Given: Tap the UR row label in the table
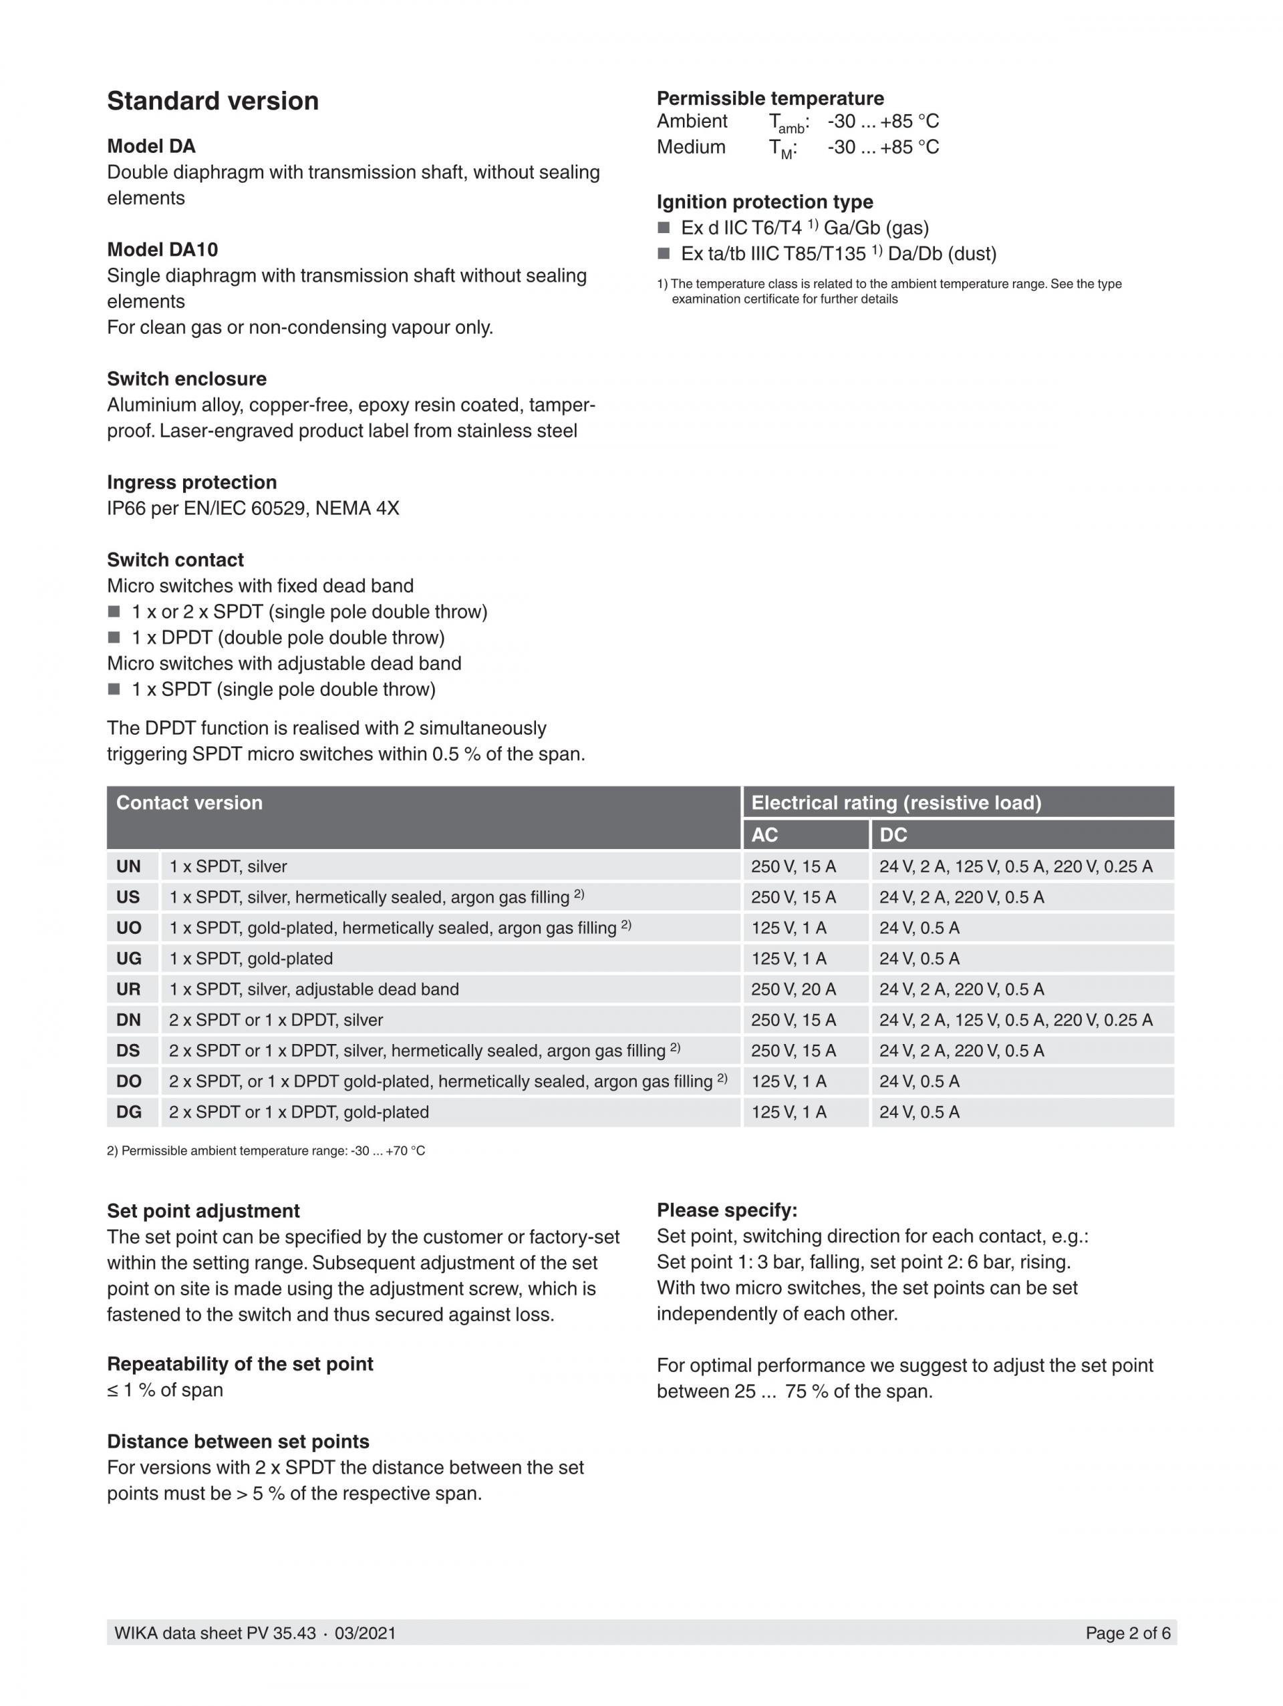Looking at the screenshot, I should tap(128, 989).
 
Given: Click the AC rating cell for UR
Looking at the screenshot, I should tap(793, 989).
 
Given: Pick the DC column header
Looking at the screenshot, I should tap(893, 834).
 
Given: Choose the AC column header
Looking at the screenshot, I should tap(764, 834).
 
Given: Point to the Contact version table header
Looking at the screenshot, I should tap(189, 803).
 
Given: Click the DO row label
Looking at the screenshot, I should tap(128, 1081).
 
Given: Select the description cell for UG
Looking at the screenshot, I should tap(251, 959).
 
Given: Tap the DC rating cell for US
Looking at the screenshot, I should tap(962, 897).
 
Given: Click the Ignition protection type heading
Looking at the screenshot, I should tap(764, 202).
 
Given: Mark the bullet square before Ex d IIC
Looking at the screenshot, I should tap(664, 228).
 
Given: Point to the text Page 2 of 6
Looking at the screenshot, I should tap(1127, 1633).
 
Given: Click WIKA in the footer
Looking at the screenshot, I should tap(136, 1633).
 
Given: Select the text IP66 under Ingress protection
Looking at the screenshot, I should tap(126, 508).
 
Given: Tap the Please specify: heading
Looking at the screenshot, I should tap(727, 1210).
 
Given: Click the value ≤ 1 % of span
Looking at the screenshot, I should tap(165, 1390).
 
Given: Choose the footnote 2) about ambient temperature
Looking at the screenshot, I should tap(265, 1151).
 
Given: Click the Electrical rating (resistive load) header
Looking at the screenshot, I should tap(895, 803).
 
